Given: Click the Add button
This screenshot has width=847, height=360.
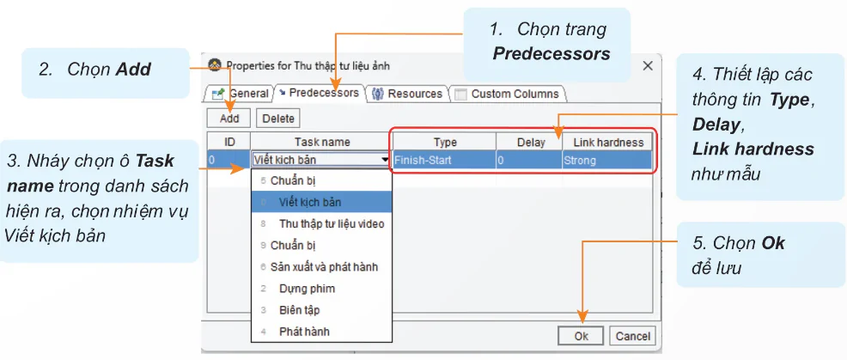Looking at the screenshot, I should pyautogui.click(x=229, y=119).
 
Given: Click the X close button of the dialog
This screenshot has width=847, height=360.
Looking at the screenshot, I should pyautogui.click(x=648, y=66).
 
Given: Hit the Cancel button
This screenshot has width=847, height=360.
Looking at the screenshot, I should pyautogui.click(x=632, y=336).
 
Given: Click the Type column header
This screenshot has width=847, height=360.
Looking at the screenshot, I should pyautogui.click(x=444, y=142).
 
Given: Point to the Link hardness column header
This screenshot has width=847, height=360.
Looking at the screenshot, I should pyautogui.click(x=608, y=142).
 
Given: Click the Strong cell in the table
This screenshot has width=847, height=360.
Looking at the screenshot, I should pyautogui.click(x=606, y=160).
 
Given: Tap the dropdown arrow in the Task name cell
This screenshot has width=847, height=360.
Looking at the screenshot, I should pyautogui.click(x=384, y=160).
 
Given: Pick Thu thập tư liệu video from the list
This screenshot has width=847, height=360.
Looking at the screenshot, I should pyautogui.click(x=332, y=224).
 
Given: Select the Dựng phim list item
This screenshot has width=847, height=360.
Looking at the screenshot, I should pyautogui.click(x=307, y=289).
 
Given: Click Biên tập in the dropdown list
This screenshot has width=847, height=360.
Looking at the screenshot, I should pyautogui.click(x=300, y=310).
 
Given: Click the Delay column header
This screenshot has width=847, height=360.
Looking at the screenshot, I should pyautogui.click(x=530, y=142).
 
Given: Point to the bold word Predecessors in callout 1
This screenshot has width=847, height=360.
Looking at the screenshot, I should pyautogui.click(x=551, y=54).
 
